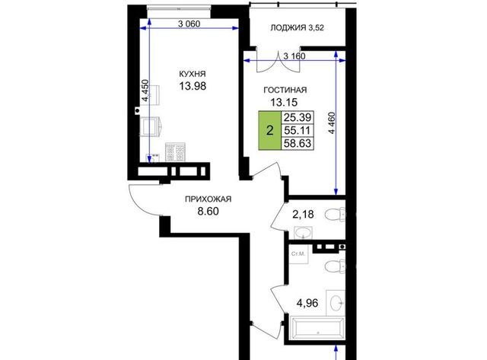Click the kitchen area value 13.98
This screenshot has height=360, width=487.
193,86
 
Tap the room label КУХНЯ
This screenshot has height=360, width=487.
193,74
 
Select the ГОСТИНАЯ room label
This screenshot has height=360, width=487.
285,90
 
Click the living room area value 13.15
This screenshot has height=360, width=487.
284,102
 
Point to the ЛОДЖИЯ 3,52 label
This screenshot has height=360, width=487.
298,28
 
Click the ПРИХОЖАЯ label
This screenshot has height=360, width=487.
208,199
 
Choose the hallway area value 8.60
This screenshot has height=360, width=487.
208,212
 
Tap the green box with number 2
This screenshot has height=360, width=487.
270,130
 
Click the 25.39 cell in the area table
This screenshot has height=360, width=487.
298,117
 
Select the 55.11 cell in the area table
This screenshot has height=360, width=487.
298,130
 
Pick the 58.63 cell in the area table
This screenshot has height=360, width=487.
298,143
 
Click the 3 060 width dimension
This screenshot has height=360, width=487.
189,24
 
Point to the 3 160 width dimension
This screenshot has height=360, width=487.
294,56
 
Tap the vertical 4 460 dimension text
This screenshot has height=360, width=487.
332,123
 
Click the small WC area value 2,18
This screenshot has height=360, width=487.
303,215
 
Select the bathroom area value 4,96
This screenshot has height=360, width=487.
307,303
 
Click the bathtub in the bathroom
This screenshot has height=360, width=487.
317,328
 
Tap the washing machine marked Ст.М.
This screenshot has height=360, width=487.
298,254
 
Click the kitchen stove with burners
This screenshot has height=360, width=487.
176,152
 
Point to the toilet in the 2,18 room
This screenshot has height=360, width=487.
335,215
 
